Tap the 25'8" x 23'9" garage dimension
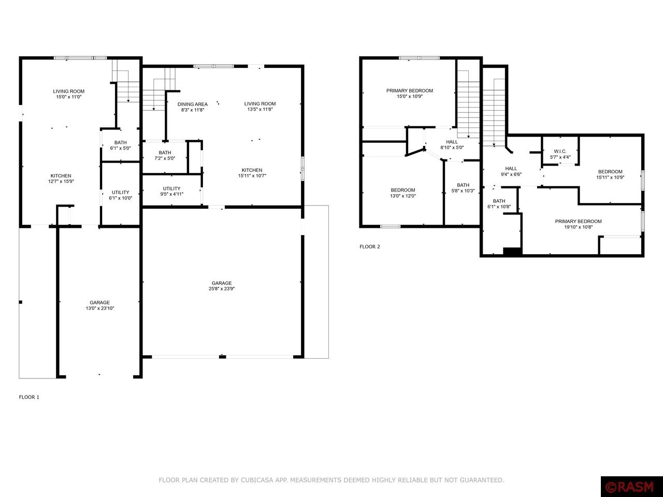point(221,289)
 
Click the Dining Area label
point(193,107)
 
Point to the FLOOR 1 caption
point(29,397)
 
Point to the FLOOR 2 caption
point(370,246)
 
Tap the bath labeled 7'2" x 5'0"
point(165,155)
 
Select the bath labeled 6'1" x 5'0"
point(120,145)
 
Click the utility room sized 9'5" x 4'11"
point(171,191)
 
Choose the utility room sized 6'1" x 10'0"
point(120,195)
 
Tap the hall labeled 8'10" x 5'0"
point(452,144)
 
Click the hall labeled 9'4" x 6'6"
point(511,171)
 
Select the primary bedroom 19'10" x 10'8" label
point(578,224)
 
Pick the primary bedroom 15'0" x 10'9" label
point(409,93)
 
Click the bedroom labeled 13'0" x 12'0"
point(402,193)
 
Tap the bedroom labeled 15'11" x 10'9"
point(610,174)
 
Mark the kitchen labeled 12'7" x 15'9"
point(61,179)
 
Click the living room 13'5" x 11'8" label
point(260,107)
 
